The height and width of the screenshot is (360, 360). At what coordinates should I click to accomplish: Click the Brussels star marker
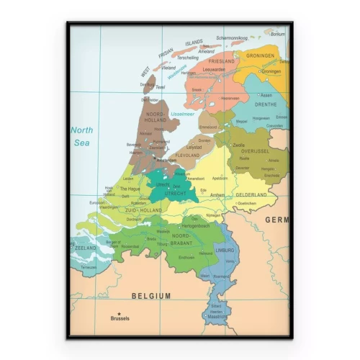click(x=120, y=313)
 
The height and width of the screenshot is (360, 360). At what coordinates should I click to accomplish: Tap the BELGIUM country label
click(x=151, y=296)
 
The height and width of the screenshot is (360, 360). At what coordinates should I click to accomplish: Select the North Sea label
click(x=82, y=136)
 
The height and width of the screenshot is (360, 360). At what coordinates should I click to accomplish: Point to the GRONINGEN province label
click(x=260, y=55)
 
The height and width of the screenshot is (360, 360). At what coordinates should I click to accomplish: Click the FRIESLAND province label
click(x=222, y=62)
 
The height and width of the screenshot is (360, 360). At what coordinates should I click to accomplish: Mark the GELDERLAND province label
click(x=251, y=194)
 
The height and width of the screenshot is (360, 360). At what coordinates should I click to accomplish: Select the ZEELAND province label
click(x=86, y=248)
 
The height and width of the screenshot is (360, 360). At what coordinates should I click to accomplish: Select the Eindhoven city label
click(x=186, y=257)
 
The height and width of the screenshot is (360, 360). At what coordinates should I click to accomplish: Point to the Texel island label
click(x=160, y=87)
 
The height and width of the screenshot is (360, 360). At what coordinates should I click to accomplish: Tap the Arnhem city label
click(x=218, y=194)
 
